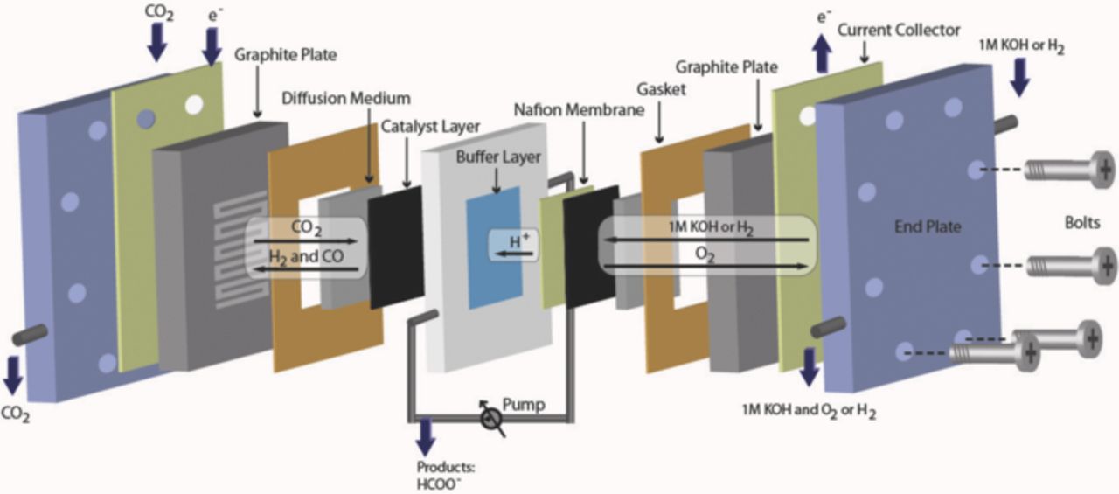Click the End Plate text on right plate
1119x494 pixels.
[927, 226]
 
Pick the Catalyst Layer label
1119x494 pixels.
[430, 127]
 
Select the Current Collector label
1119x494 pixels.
[899, 31]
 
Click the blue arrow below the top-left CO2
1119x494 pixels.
[156, 44]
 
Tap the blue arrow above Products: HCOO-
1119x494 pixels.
[426, 435]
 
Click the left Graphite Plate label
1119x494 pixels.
[285, 55]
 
